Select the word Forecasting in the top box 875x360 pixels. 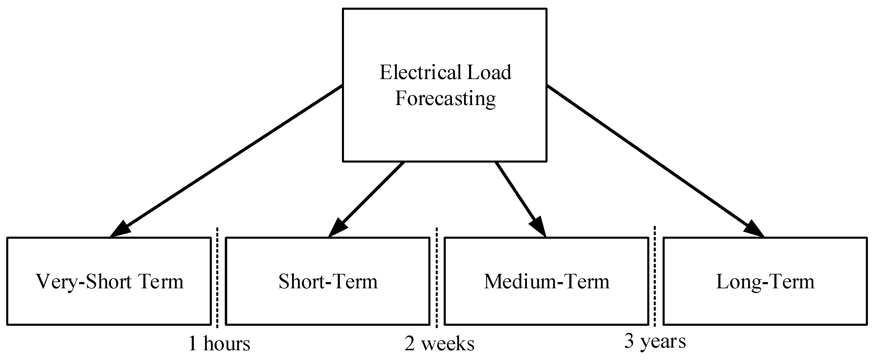[445, 99]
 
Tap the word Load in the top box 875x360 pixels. [489, 73]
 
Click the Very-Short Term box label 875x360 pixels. [109, 282]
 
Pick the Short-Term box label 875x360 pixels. [328, 282]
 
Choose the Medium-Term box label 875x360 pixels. [547, 282]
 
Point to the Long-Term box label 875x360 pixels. [765, 282]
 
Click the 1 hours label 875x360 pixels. [219, 344]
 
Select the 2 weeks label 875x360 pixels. [439, 344]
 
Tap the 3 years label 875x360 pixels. [655, 341]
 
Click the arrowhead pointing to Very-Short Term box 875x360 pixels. [119, 229]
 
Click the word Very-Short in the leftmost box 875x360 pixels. [83, 282]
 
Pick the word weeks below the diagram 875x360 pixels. [448, 344]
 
